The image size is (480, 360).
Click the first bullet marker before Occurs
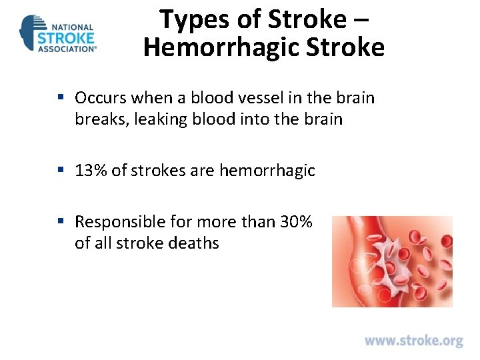tap(61, 98)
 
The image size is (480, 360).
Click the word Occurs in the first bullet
tap(101, 98)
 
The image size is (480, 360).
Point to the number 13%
tap(91, 171)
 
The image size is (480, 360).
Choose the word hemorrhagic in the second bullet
tap(267, 171)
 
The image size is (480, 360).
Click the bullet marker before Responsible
tap(61, 221)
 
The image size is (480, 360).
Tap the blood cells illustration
tap(392, 261)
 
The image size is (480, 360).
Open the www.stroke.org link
tap(413, 341)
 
